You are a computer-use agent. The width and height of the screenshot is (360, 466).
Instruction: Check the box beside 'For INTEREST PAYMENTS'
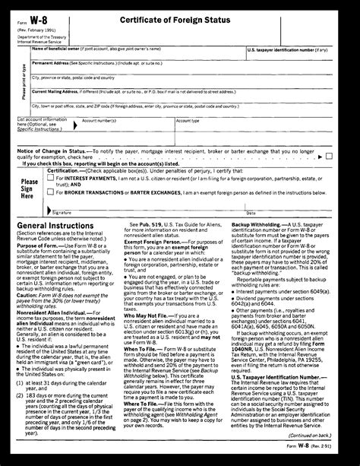pos(51,178)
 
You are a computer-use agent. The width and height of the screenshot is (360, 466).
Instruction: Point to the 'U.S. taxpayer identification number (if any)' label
pos(288,49)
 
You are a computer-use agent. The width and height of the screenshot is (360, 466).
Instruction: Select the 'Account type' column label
pos(188,120)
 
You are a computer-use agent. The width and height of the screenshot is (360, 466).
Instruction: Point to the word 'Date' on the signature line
pos(280,211)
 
